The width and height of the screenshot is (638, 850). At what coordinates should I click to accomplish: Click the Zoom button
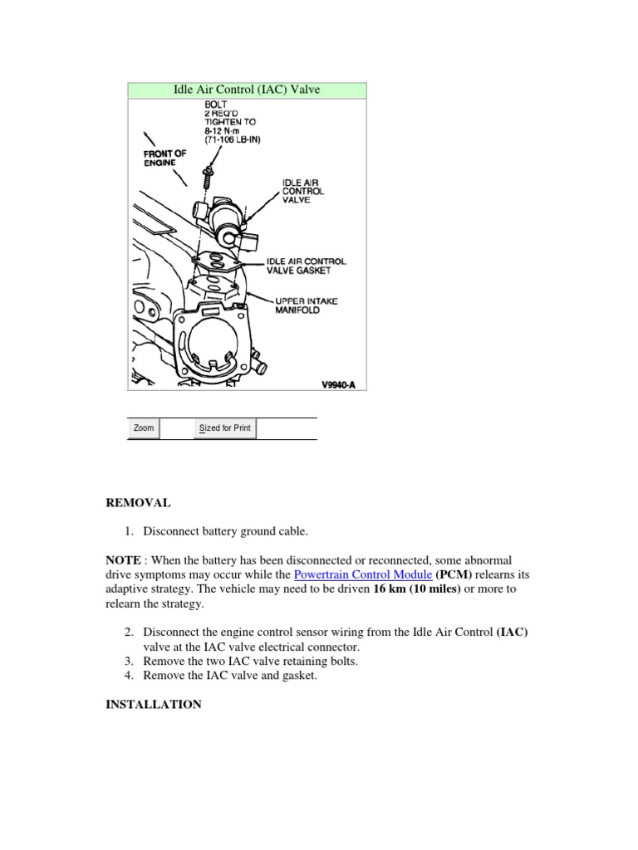145,428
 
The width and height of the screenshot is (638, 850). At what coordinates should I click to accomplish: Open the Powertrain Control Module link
363,574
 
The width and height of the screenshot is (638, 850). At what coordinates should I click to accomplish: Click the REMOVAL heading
137,503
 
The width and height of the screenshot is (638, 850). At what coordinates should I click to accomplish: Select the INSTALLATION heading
153,704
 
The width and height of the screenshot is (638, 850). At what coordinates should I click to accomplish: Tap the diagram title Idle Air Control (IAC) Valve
246,90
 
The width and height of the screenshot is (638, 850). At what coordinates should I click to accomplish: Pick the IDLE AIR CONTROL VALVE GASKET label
306,266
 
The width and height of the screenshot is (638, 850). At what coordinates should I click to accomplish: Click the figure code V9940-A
338,384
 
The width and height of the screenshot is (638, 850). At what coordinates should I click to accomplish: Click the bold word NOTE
122,560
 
